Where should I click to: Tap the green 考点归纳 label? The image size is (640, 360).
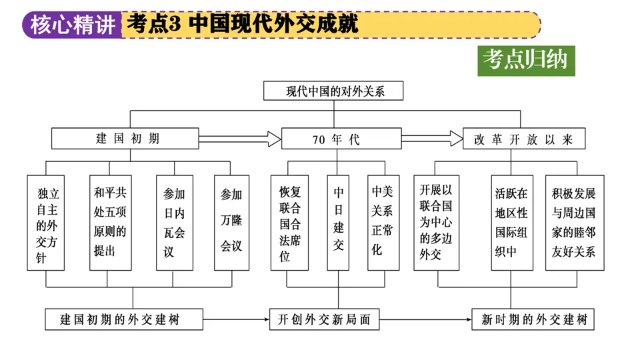coord(526,60)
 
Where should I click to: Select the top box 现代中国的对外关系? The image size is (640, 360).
coord(333,91)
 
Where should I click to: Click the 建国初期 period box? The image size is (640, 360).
coord(125,139)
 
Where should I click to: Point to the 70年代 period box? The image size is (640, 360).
coord(341,139)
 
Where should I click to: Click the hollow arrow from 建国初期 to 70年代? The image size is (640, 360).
coord(239,139)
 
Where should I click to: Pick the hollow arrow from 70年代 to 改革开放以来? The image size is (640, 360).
coord(431,139)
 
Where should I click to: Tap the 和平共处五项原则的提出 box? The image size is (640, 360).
coord(110,222)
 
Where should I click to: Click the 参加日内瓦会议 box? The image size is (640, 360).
coord(174,222)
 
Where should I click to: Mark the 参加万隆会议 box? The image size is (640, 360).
coord(231,222)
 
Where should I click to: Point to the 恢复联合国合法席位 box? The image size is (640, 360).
coord(290,222)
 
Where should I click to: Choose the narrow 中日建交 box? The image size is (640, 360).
coord(338,222)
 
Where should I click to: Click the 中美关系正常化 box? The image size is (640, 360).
coord(385,222)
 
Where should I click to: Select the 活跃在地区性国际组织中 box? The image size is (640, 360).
coord(511,222)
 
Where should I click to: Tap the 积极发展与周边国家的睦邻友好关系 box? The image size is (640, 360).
coord(574,222)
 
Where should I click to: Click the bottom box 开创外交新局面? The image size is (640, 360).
coord(324,319)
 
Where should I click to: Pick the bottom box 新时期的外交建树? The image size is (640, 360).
coord(533,319)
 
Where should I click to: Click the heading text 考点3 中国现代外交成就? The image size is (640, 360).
coord(242,25)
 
